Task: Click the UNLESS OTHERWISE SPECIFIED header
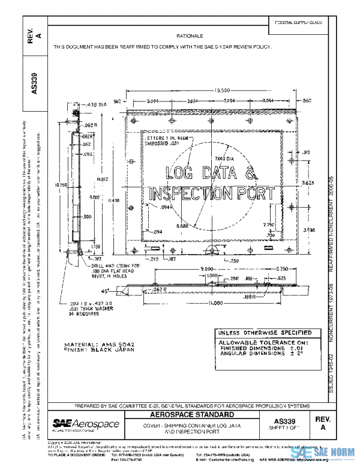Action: [x=263, y=332]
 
